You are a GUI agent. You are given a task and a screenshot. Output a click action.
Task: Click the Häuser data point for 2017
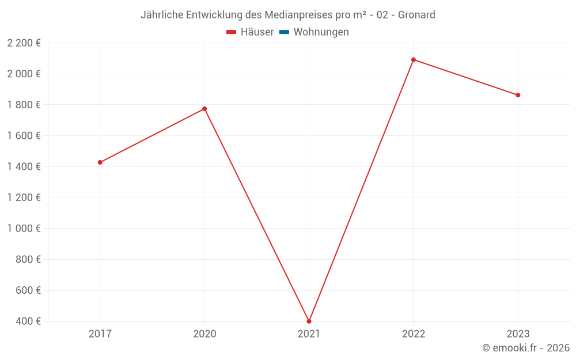(x=100, y=162)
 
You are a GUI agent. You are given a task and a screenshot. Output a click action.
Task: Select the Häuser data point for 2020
(x=204, y=109)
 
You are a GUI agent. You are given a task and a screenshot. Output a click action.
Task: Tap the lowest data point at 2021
(x=309, y=321)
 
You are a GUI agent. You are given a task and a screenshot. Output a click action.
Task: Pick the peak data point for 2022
(x=414, y=60)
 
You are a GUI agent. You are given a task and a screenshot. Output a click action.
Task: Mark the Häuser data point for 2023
(x=518, y=95)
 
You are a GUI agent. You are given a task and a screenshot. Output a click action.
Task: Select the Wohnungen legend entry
(x=321, y=32)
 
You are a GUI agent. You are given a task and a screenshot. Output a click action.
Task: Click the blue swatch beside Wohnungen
(x=284, y=32)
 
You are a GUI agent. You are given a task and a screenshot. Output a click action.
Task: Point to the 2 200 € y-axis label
(x=24, y=43)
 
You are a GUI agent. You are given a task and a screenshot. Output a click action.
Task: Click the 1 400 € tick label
(x=24, y=166)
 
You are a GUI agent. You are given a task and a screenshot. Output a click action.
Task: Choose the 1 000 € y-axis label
(x=24, y=228)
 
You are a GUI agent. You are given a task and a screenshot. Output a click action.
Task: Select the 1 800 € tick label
(x=24, y=105)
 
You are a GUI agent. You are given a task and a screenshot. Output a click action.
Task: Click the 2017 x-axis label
(x=100, y=334)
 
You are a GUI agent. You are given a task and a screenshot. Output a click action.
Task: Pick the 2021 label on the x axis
(x=309, y=334)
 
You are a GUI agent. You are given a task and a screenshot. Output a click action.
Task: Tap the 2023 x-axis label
(x=518, y=334)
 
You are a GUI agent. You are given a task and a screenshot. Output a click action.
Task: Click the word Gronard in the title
(x=416, y=14)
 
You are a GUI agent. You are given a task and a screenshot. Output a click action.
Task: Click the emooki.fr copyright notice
(x=526, y=348)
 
